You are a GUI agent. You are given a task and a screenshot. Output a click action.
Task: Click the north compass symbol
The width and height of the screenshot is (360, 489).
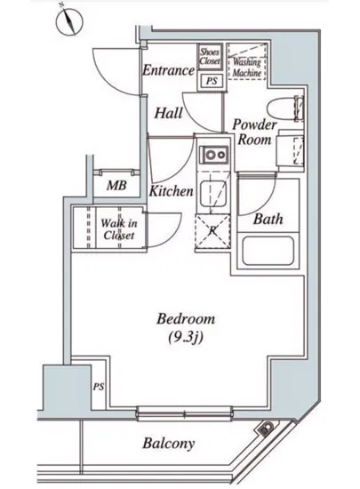69,21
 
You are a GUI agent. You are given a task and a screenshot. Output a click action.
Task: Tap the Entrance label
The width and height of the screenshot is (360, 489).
169,70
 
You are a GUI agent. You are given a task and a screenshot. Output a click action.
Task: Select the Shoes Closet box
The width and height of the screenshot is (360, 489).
210,56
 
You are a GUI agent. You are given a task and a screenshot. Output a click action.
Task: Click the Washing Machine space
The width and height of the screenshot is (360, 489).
247,61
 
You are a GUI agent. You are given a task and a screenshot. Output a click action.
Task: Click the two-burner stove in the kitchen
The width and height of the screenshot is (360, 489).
214,155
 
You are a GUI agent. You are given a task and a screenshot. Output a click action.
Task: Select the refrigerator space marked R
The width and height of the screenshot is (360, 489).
212,231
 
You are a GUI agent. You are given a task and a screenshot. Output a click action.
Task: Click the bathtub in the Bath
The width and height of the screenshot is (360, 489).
268,251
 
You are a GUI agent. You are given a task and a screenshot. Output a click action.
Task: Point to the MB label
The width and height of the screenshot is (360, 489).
116,186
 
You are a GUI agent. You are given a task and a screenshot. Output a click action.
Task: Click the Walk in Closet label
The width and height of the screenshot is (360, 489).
119,229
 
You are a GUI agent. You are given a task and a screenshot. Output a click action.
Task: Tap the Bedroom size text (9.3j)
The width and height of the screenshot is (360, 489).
186,337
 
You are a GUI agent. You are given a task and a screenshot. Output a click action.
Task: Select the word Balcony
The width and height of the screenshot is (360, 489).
169,443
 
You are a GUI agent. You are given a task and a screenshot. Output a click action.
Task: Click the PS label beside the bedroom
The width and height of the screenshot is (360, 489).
99,387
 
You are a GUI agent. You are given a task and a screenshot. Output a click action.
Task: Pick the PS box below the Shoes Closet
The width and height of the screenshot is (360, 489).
212,81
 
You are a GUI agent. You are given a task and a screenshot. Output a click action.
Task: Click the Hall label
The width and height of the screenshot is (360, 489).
168,113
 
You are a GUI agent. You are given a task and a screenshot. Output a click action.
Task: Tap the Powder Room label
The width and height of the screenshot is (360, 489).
254,132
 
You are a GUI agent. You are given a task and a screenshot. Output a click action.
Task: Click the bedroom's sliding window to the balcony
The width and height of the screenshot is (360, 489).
184,414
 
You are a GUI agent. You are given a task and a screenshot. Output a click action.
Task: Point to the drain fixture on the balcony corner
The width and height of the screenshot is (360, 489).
266,429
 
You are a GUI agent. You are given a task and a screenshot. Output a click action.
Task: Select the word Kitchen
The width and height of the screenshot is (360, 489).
172,191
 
